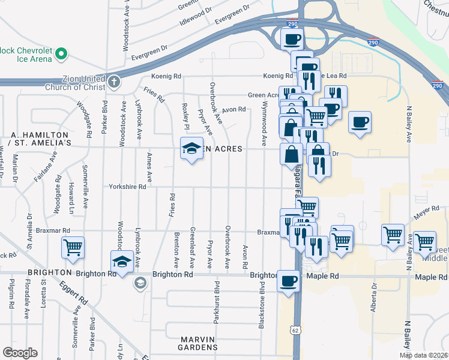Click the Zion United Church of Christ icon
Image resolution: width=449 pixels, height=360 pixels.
pyautogui.click(x=115, y=80)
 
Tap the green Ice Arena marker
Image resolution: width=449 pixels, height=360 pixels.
pyautogui.click(x=61, y=55)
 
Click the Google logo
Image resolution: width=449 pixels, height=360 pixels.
pyautogui.click(x=20, y=353)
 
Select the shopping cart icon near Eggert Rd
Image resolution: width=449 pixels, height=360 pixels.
pyautogui.click(x=73, y=247)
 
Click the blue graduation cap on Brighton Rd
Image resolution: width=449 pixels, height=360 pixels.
pyautogui.click(x=122, y=262)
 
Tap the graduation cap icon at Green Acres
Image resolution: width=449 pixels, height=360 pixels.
pyautogui.click(x=191, y=148)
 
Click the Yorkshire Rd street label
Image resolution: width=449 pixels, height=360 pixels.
pyautogui.click(x=127, y=187)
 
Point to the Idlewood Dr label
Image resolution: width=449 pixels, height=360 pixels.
pyautogui.click(x=196, y=17)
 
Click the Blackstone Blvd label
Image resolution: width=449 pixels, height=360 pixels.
pyautogui.click(x=262, y=305)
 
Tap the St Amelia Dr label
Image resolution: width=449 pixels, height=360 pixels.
pyautogui.click(x=28, y=230)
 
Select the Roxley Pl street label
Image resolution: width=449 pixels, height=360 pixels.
pyautogui.click(x=186, y=118)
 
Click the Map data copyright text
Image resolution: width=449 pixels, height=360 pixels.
pyautogui.click(x=424, y=355)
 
